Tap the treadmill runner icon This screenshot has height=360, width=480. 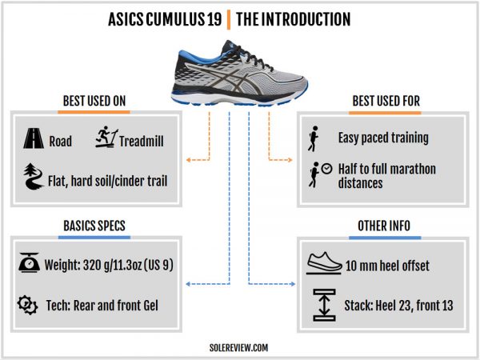pyautogui.click(x=106, y=139)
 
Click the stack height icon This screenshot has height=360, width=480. pyautogui.click(x=322, y=305)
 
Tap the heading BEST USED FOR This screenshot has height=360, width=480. pyautogui.click(x=386, y=102)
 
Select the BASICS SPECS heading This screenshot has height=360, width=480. pyautogui.click(x=93, y=226)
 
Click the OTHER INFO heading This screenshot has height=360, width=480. pyautogui.click(x=386, y=226)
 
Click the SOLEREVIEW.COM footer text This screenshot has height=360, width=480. pyautogui.click(x=240, y=348)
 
